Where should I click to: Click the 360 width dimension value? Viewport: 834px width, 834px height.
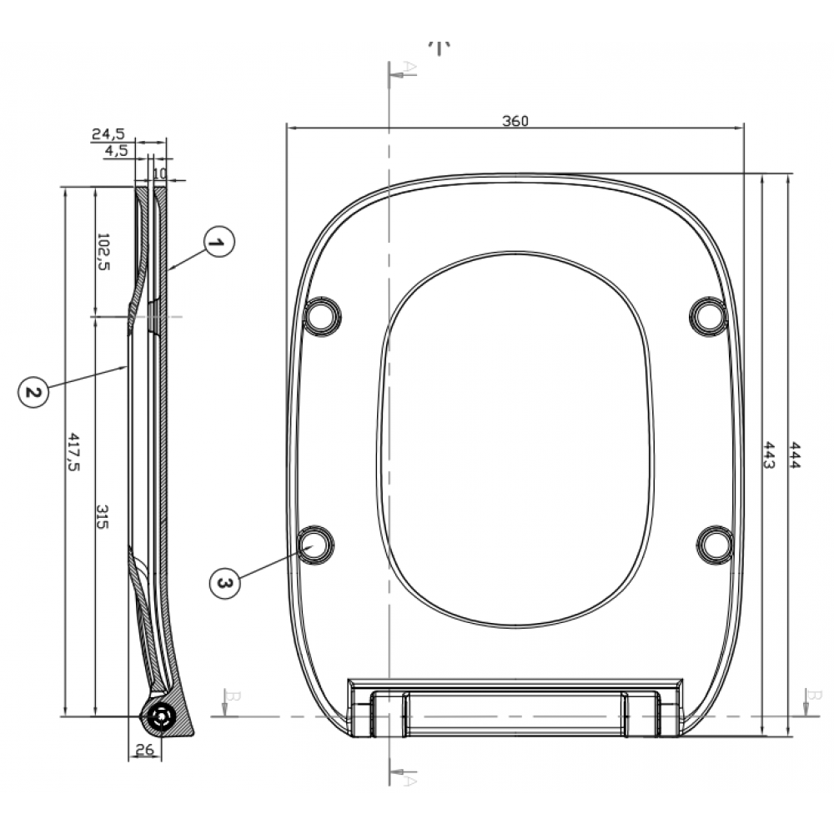coord(515,121)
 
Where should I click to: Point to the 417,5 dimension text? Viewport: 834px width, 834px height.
coord(73,452)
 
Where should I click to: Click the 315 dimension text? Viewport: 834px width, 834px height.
coord(103,516)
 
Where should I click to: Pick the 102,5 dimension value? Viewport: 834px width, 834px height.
coord(103,252)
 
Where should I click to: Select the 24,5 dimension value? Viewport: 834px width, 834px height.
coord(108,133)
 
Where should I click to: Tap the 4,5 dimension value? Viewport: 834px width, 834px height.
coord(116,150)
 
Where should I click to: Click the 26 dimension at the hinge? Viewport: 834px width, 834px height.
coord(144,750)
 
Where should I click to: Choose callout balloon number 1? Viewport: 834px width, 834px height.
coord(219,243)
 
